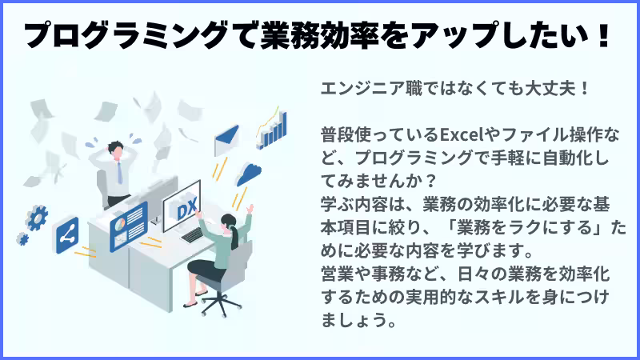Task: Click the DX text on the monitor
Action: click(186, 210)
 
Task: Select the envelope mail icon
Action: click(229, 139)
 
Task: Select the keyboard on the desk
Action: click(192, 234)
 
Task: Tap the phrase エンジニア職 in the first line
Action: click(365, 86)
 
